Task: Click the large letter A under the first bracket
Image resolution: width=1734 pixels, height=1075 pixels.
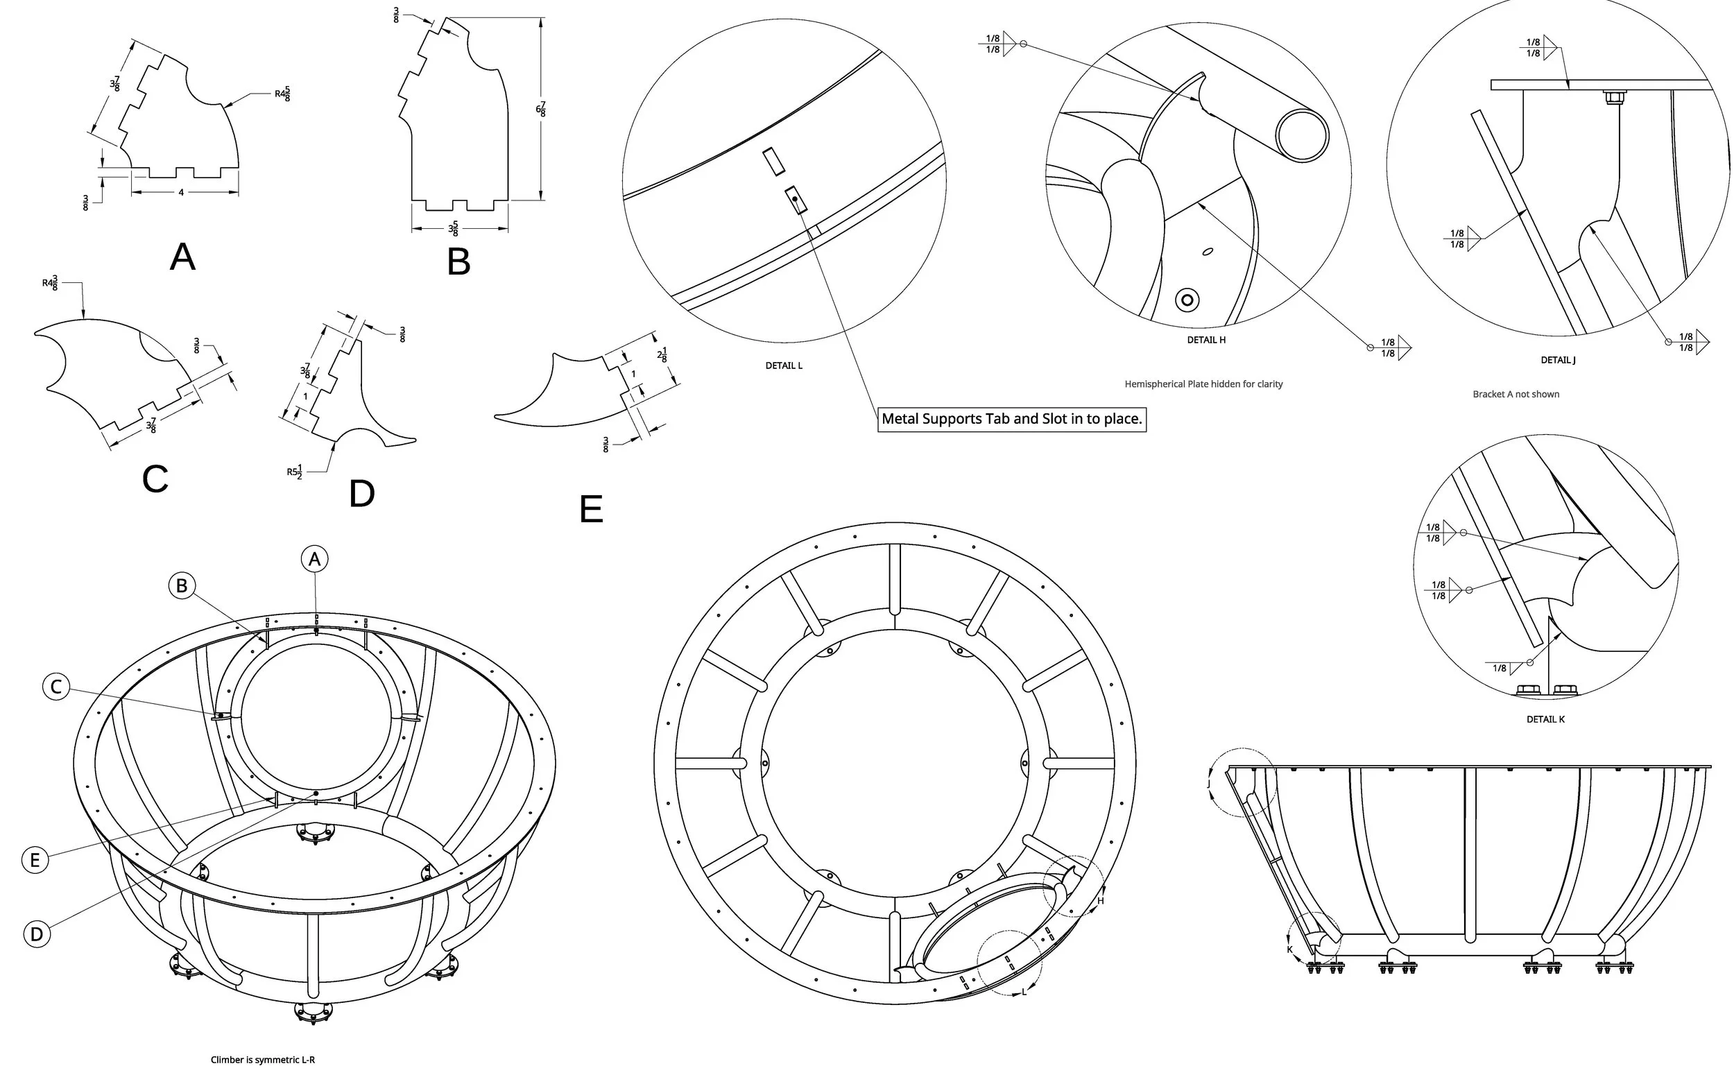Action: coord(182,257)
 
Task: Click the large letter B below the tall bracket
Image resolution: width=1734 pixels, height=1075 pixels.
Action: coord(458,261)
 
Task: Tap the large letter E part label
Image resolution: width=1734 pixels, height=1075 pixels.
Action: coord(591,509)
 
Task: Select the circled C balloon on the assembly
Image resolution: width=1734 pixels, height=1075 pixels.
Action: coord(56,687)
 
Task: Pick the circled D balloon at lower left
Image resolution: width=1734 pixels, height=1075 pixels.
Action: coord(37,934)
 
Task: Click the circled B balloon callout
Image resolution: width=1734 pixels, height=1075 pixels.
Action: coord(181,585)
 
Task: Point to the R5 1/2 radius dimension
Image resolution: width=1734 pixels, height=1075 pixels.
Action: coord(295,472)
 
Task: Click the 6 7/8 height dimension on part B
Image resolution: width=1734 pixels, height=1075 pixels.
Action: coord(541,110)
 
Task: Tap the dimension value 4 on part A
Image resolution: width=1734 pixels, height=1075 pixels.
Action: coord(181,193)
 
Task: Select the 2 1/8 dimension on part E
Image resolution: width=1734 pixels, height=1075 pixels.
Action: coord(662,356)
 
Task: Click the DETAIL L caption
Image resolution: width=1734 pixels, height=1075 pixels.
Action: coord(784,365)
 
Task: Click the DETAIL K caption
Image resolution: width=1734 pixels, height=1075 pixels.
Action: coord(1545,719)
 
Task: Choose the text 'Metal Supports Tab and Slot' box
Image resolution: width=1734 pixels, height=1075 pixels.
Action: coord(1011,419)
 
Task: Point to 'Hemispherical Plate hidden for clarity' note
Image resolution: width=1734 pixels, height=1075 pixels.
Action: coord(1203,384)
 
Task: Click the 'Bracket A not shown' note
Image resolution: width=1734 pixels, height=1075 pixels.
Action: coord(1516,394)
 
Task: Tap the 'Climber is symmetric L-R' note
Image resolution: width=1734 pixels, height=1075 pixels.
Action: coord(262,1059)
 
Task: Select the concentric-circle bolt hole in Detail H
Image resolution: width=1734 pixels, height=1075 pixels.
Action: coord(1187,300)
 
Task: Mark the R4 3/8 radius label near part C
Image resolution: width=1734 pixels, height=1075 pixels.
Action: coord(50,283)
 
